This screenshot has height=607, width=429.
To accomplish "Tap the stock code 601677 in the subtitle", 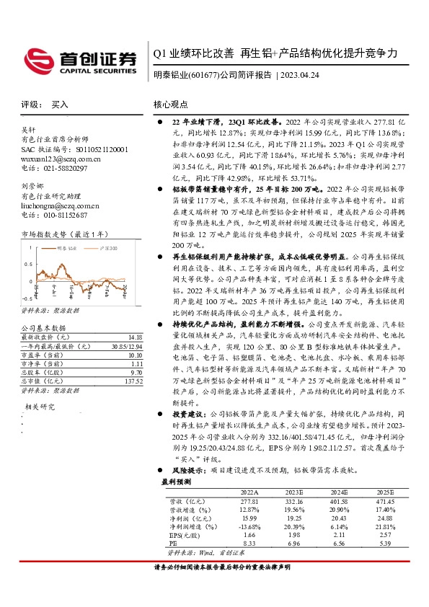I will click(203, 74).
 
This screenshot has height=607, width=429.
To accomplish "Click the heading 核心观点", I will click(171, 104).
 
